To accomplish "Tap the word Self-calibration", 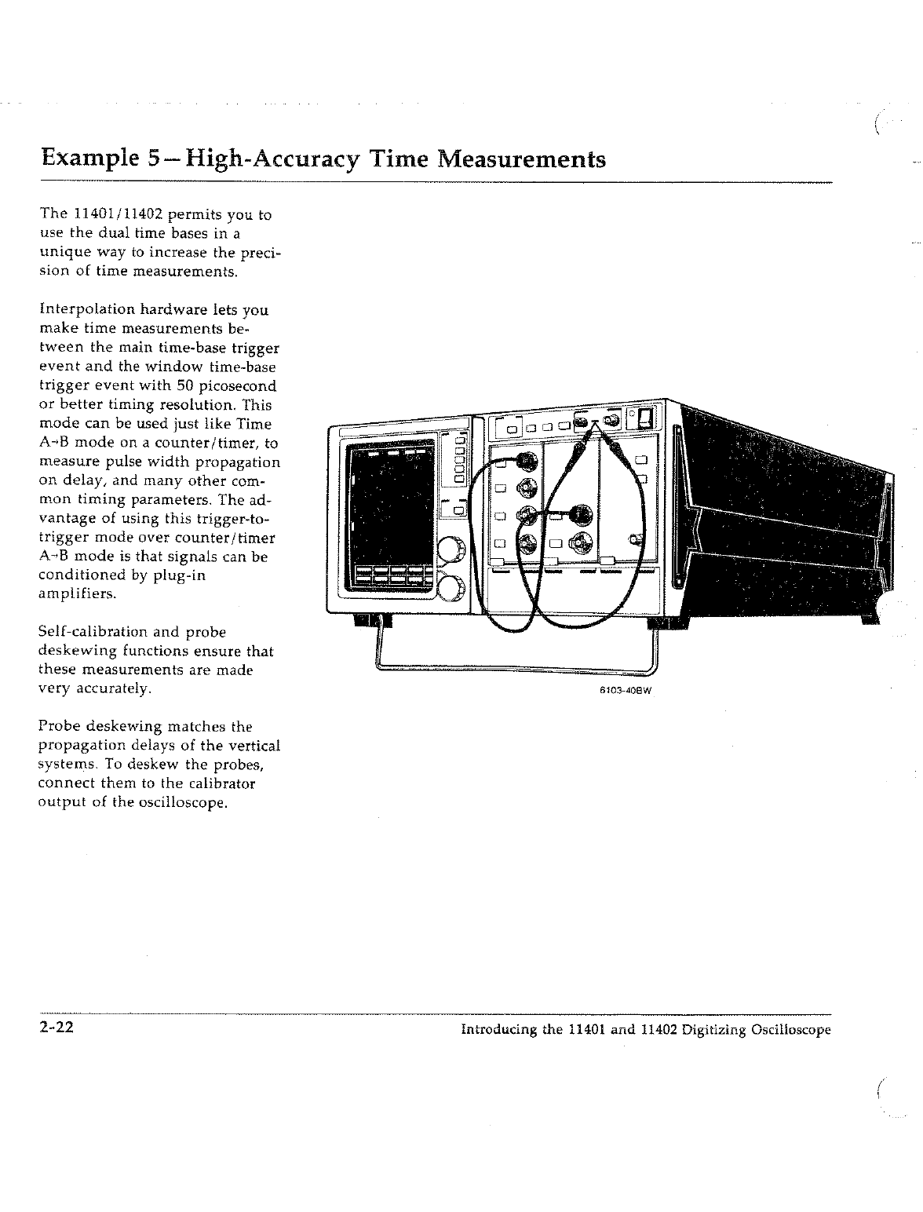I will [x=93, y=632].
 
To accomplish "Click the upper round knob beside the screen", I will [x=451, y=549].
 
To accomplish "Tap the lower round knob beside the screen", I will [x=451, y=586].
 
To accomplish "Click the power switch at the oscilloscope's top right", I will [x=645, y=419].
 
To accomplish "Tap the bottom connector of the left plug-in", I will [x=527, y=542].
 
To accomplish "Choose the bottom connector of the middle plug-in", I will [x=582, y=541].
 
